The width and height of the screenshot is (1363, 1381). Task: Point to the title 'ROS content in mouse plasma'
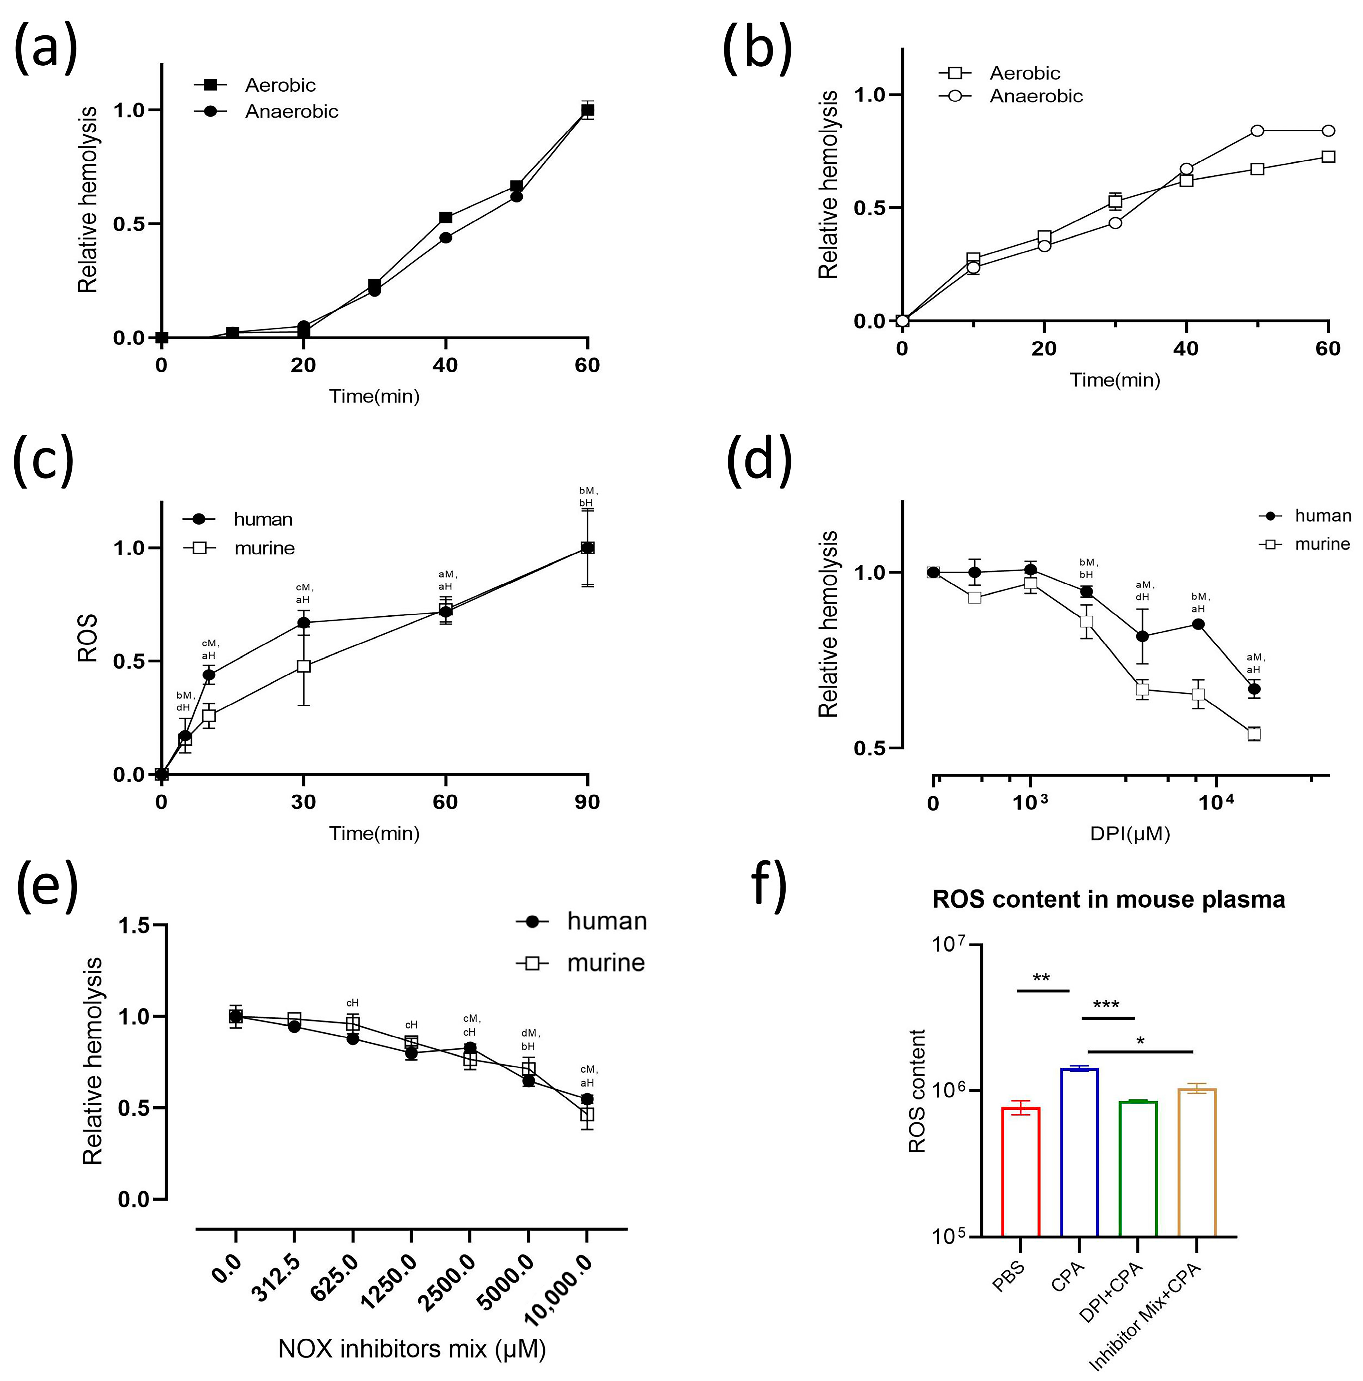pyautogui.click(x=1108, y=899)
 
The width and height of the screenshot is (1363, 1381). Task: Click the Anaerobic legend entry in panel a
pyautogui.click(x=291, y=111)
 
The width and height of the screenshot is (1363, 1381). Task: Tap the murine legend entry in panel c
pyautogui.click(x=264, y=548)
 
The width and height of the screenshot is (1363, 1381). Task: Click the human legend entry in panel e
pyautogui.click(x=606, y=921)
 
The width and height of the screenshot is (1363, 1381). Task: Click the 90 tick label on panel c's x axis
pyautogui.click(x=587, y=802)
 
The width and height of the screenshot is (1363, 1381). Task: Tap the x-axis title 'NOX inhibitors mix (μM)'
pyautogui.click(x=412, y=1349)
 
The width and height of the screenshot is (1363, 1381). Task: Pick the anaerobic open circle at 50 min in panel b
pyautogui.click(x=1257, y=131)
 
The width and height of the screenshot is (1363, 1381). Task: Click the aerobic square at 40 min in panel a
pyautogui.click(x=445, y=217)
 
